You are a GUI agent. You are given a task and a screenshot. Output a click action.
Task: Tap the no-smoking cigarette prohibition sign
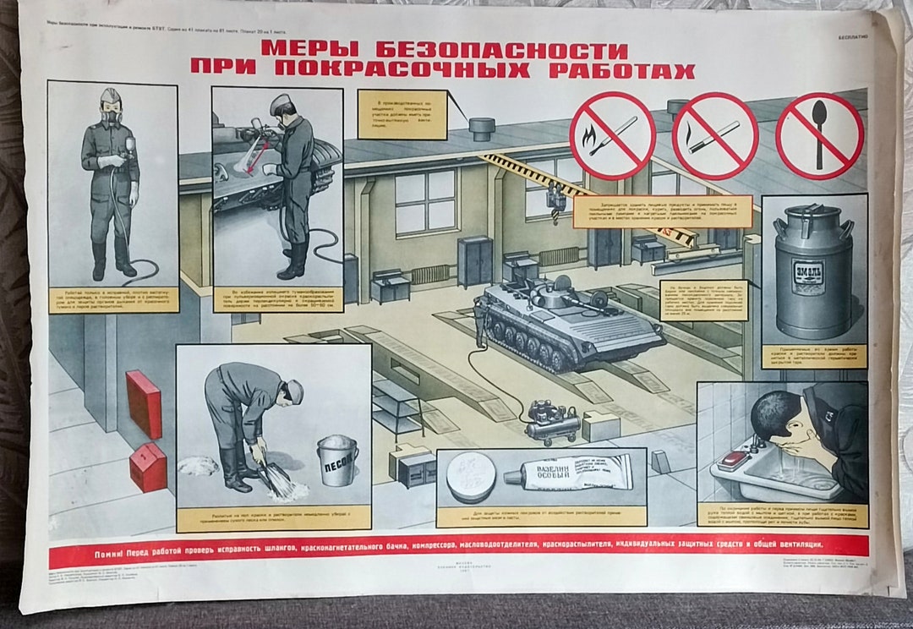pyautogui.click(x=715, y=136)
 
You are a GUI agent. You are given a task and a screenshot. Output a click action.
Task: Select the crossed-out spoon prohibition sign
pyautogui.click(x=818, y=135)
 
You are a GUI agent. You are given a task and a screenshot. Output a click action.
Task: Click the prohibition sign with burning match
pyautogui.click(x=612, y=135)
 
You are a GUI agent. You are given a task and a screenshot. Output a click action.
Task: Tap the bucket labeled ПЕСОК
pyautogui.click(x=338, y=460)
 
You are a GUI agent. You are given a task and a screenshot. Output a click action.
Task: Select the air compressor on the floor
pyautogui.click(x=553, y=419)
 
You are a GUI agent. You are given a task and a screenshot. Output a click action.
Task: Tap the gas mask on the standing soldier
pyautogui.click(x=111, y=110)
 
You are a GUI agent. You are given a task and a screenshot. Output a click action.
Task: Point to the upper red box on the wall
pyautogui.click(x=144, y=403)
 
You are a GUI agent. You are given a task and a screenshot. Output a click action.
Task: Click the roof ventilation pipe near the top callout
pyautogui.click(x=483, y=129)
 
